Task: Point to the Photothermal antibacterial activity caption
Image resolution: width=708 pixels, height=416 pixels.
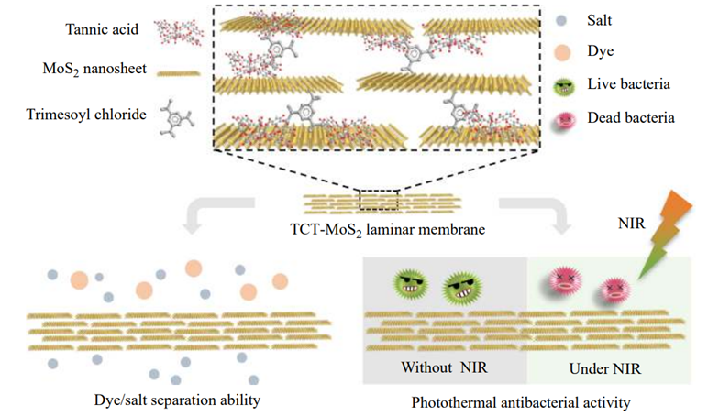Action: (523, 400)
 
